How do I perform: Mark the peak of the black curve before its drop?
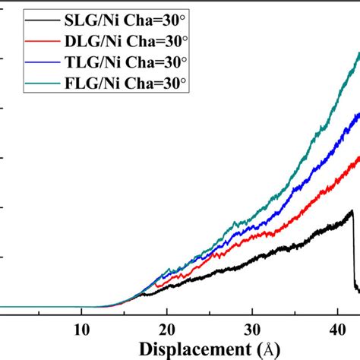(x=352, y=211)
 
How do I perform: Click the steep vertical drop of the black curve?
(x=354, y=251)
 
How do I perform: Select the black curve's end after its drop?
(x=358, y=289)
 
